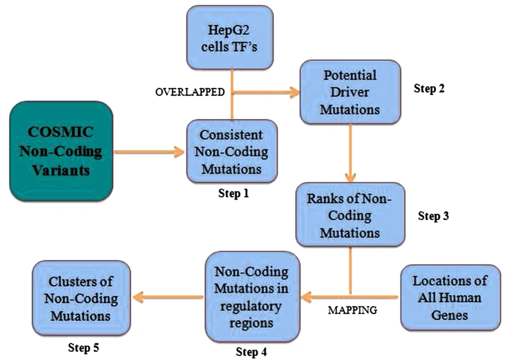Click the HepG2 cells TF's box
pyautogui.click(x=230, y=38)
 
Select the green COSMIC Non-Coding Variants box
pyautogui.click(x=61, y=152)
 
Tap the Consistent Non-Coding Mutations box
pyautogui.click(x=232, y=152)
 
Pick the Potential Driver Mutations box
pyautogui.click(x=350, y=92)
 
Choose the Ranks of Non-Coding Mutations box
pyautogui.click(x=350, y=215)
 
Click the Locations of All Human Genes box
pyautogui.click(x=450, y=298)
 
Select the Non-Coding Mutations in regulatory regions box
pyautogui.click(x=252, y=297)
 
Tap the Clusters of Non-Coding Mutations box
pyautogui.click(x=81, y=298)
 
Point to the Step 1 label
pyautogui.click(x=233, y=193)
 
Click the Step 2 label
pyautogui.click(x=429, y=88)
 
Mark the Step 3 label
pyautogui.click(x=433, y=215)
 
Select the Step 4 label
pyautogui.click(x=251, y=351)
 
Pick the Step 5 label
pyautogui.click(x=84, y=348)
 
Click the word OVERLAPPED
pyautogui.click(x=190, y=92)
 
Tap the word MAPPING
pyautogui.click(x=352, y=310)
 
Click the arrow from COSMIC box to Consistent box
pyautogui.click(x=150, y=152)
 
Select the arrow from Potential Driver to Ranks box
pyautogui.click(x=350, y=153)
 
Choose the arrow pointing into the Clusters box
pyautogui.click(x=168, y=297)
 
